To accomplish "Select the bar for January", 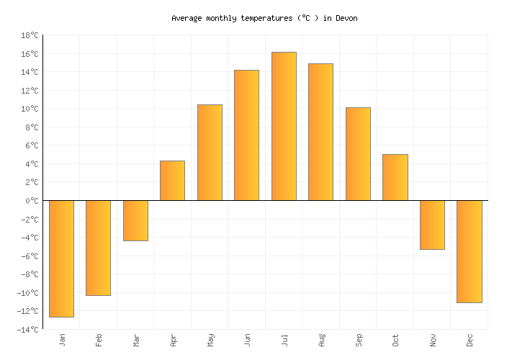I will click(x=61, y=258).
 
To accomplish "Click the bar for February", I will click(x=98, y=248).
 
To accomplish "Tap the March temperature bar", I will click(x=135, y=220).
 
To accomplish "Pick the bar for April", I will click(x=172, y=181).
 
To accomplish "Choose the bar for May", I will click(x=210, y=153).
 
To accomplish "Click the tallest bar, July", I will click(x=284, y=126).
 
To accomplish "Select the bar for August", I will click(x=320, y=132).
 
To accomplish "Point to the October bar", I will click(x=395, y=177).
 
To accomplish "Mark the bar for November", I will click(x=432, y=225).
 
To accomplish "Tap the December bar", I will click(x=469, y=251).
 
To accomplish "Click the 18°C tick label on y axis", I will click(x=30, y=35).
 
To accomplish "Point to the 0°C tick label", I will click(x=32, y=201).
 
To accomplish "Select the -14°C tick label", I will click(x=28, y=330).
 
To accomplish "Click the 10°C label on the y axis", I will click(x=30, y=109).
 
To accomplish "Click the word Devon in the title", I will click(x=346, y=18).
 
